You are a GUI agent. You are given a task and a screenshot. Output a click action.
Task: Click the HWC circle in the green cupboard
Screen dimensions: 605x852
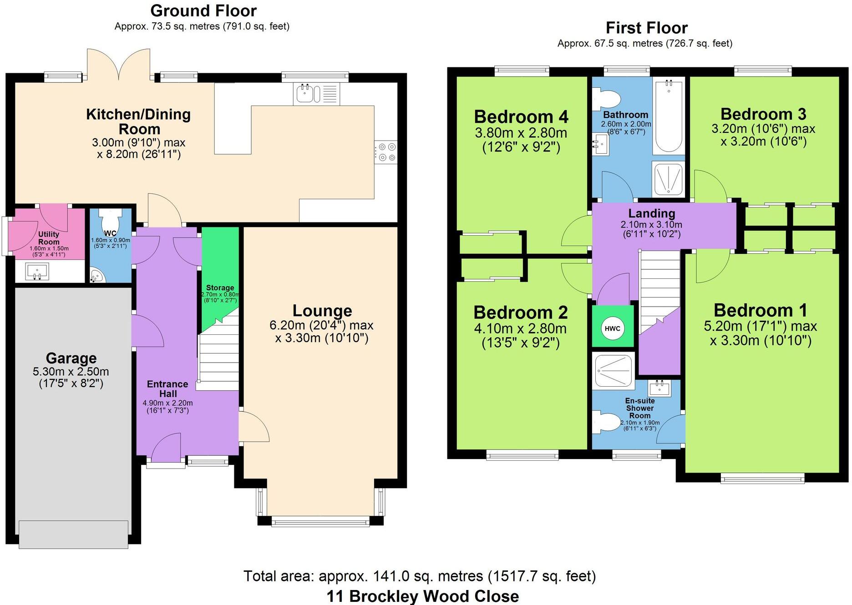[613, 328]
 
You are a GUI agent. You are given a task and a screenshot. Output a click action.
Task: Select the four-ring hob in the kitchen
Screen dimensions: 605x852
[386, 152]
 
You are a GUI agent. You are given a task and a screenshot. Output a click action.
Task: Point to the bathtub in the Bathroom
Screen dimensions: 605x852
[669, 116]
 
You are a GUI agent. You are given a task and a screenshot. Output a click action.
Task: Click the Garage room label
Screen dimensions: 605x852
[71, 358]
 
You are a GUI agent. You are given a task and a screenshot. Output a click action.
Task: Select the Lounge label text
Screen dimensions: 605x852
[322, 311]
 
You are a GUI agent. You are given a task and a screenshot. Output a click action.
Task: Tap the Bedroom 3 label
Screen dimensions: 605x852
[763, 114]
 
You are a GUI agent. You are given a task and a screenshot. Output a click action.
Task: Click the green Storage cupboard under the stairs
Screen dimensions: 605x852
[220, 273]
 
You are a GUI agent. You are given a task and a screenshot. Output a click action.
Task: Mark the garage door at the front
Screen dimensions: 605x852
[73, 534]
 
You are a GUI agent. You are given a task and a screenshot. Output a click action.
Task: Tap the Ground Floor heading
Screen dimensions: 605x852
[203, 10]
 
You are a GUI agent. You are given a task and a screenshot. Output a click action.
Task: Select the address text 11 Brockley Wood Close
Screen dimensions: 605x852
[422, 596]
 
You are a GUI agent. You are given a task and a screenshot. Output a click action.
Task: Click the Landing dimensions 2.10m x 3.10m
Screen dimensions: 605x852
[651, 225]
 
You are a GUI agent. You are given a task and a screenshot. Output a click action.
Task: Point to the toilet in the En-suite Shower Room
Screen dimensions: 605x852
[605, 421]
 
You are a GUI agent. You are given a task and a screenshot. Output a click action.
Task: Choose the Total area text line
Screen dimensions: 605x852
[419, 576]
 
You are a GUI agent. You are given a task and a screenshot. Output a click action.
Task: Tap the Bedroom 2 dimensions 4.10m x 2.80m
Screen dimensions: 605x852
[520, 328]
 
